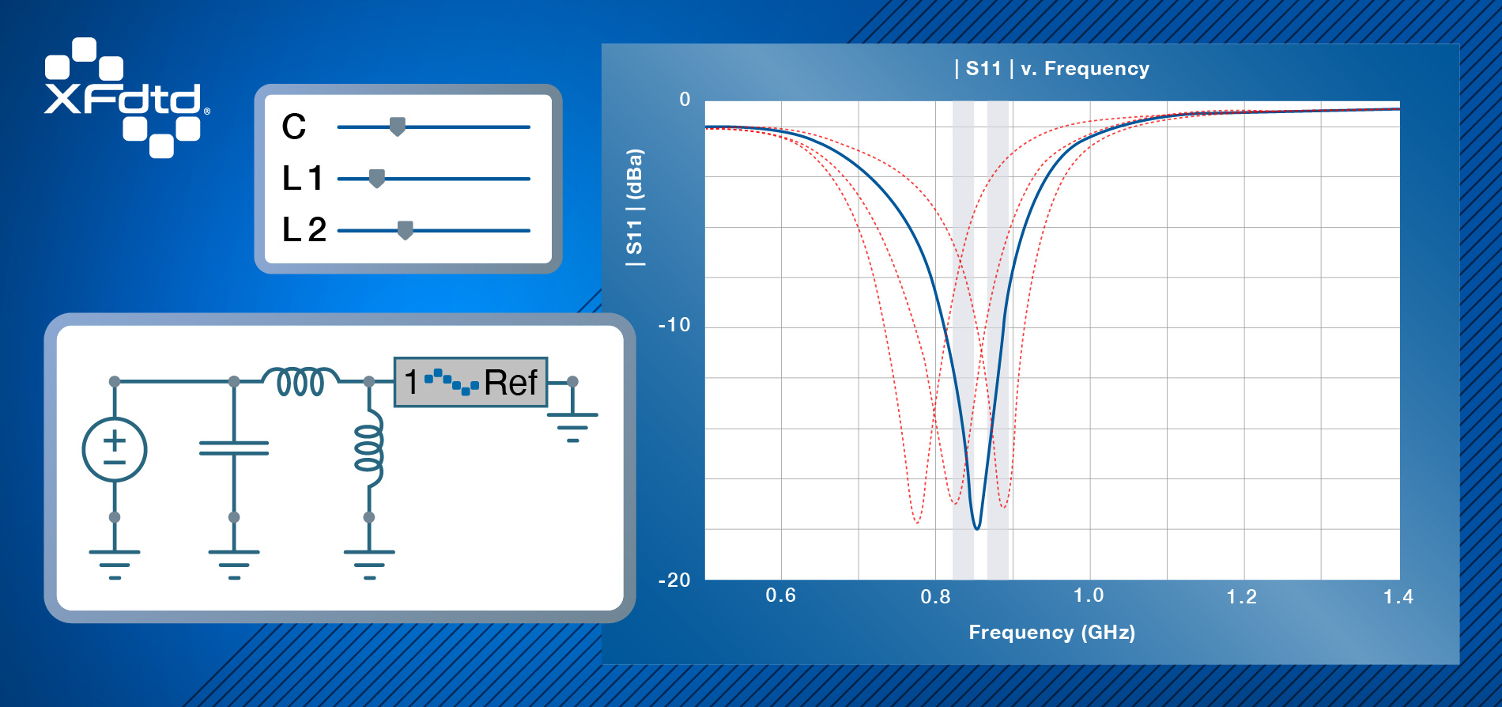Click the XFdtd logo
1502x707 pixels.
126,98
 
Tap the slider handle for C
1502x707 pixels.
398,127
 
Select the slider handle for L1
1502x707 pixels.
377,179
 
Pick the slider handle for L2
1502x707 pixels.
405,230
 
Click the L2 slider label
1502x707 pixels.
304,230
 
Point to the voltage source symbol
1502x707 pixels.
115,449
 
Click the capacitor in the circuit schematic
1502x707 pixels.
234,448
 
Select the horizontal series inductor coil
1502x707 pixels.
301,381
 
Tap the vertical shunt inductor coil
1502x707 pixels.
369,448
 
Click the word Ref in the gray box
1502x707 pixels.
511,383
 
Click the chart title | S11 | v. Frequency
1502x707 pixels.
1051,69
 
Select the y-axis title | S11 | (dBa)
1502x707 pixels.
635,207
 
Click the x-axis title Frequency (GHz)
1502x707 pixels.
1052,633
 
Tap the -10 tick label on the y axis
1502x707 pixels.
674,325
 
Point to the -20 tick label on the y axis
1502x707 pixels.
674,580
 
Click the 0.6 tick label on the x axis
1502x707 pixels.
780,595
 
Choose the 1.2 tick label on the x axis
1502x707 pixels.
1241,596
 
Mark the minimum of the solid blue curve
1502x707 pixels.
978,528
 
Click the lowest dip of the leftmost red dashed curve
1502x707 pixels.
916,523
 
